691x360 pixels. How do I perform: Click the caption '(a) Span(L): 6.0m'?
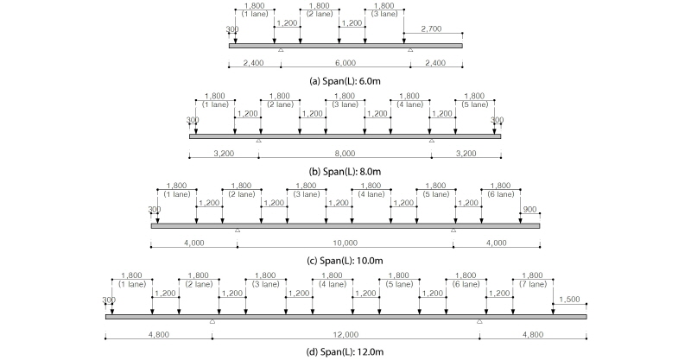pos(345,81)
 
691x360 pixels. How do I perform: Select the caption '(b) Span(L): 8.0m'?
pos(345,172)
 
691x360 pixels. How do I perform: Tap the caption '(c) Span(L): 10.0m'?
pos(345,261)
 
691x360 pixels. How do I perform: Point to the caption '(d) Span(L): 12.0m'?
pos(345,351)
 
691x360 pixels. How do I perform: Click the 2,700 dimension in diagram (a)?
pos(431,29)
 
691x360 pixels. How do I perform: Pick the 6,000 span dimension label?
pos(345,63)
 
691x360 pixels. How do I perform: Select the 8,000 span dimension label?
pos(345,154)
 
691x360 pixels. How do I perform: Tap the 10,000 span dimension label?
pos(345,243)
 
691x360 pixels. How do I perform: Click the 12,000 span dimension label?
pos(346,334)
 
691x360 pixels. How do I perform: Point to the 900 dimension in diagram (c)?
pos(529,209)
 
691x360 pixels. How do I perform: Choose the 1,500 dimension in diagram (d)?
pos(569,300)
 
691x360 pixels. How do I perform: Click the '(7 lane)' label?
pos(533,284)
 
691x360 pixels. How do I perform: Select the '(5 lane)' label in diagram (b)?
pos(475,104)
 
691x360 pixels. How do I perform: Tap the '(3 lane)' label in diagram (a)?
pos(384,14)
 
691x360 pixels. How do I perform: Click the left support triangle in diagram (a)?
pos(281,50)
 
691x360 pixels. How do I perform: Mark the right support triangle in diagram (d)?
pos(479,322)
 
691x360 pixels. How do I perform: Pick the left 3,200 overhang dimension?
pos(224,154)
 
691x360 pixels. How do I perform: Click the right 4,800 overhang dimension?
pos(533,334)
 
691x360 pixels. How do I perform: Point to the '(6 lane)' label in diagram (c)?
pos(501,194)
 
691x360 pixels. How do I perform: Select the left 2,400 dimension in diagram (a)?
pos(253,63)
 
